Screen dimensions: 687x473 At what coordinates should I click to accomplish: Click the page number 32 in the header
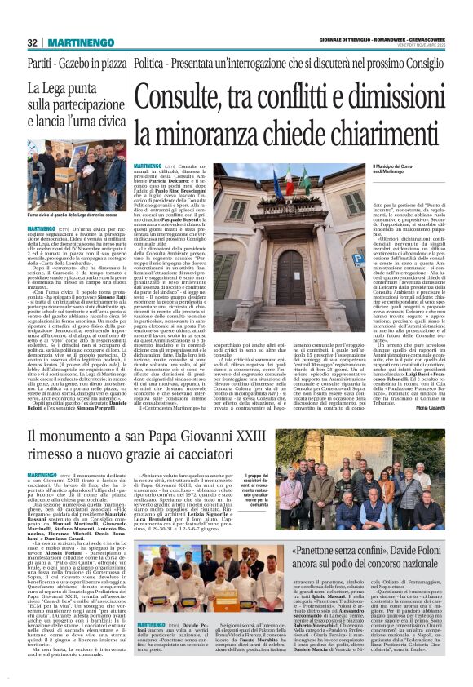32,42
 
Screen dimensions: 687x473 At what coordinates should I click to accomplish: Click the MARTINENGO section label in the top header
80,42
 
